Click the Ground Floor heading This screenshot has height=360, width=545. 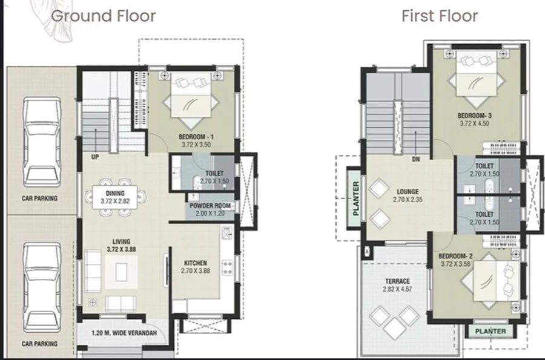click(x=103, y=16)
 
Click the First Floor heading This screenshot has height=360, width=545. click(x=440, y=16)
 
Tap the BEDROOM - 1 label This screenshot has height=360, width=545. click(x=196, y=137)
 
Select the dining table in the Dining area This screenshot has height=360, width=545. click(x=114, y=197)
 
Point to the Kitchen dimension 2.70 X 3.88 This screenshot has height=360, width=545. click(x=196, y=271)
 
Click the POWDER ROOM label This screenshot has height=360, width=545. click(x=210, y=206)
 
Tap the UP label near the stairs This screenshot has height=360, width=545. click(x=95, y=157)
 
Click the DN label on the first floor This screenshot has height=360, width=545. click(x=415, y=159)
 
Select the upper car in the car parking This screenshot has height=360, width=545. click(x=42, y=142)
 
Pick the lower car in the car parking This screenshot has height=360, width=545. click(x=42, y=287)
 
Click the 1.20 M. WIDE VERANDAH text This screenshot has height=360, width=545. click(x=124, y=333)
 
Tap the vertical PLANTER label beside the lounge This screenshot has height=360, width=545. click(x=355, y=198)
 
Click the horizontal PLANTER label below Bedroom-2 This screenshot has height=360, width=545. click(x=490, y=331)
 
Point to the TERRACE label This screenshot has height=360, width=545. click(x=397, y=281)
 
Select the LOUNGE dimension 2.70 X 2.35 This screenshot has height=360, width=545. click(x=408, y=200)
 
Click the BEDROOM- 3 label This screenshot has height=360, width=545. click(x=474, y=116)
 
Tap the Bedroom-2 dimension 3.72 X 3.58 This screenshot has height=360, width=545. click(x=455, y=264)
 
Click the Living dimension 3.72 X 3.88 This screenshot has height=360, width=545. click(x=121, y=249)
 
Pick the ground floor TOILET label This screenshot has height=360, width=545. click(x=214, y=173)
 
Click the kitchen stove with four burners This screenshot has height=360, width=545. click(x=227, y=267)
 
